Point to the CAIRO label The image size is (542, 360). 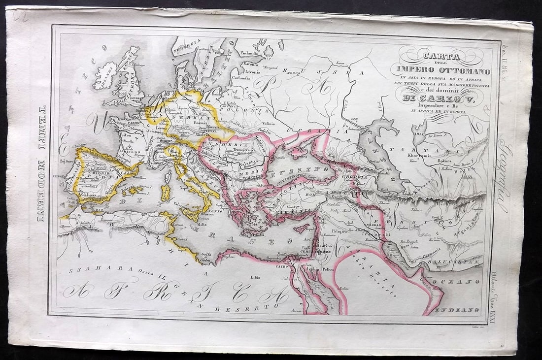click(281, 265)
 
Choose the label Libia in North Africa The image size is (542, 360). click(255, 277)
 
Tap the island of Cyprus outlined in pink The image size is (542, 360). click(302, 228)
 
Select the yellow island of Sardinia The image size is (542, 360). click(166, 192)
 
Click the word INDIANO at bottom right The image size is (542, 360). click(463, 309)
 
